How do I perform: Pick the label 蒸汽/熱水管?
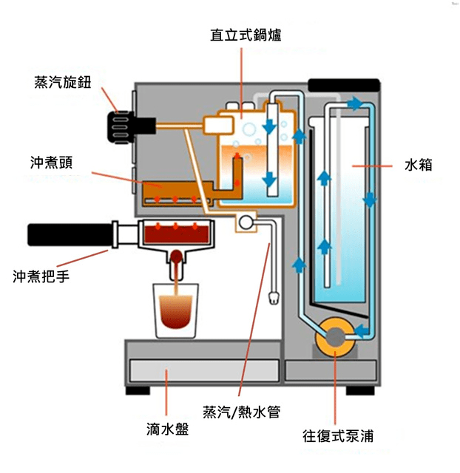[241, 412]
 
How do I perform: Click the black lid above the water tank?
[344, 84]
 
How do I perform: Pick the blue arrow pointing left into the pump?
[361, 329]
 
